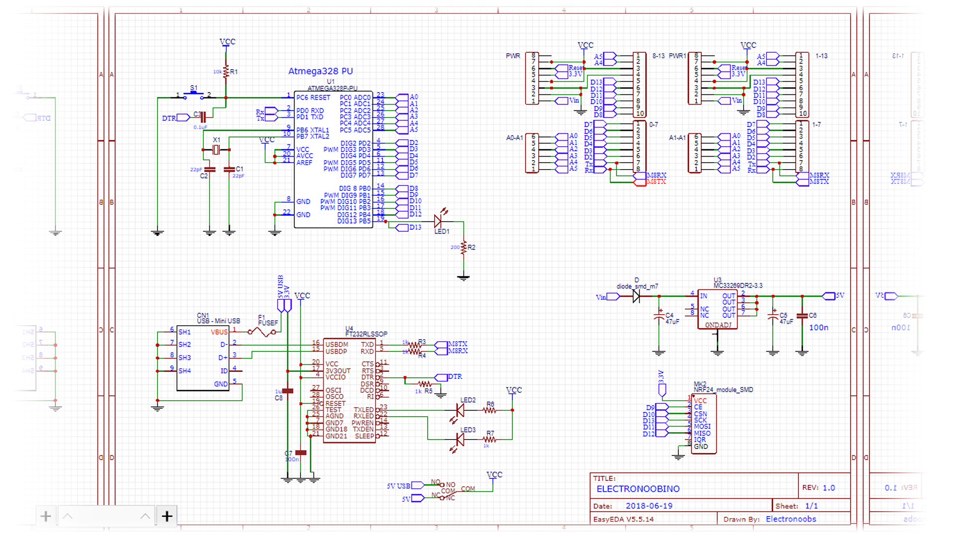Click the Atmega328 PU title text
point(320,71)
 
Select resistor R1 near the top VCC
point(226,72)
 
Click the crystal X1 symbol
point(216,150)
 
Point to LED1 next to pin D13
point(438,221)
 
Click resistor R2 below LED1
point(464,247)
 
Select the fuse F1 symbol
point(262,331)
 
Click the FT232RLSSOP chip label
point(366,334)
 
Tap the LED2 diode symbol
point(460,410)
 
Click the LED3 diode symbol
point(460,440)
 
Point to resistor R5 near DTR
point(424,384)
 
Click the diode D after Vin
point(636,297)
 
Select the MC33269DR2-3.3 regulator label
point(738,286)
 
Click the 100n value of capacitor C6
point(818,328)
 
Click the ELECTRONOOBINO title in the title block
point(638,489)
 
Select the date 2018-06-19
point(649,506)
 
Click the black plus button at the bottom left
point(167,517)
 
